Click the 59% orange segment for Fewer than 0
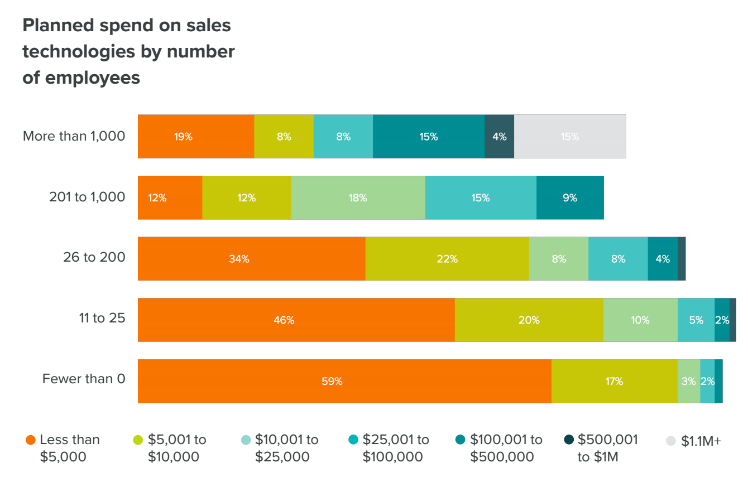pos(344,381)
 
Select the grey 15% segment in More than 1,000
pos(570,137)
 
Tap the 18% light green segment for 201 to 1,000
pos(358,197)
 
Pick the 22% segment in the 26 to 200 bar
pos(448,259)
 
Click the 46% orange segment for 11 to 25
pos(296,320)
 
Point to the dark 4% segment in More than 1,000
pos(500,137)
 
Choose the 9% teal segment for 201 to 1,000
pos(570,197)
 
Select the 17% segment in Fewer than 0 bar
pos(615,381)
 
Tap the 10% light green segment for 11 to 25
pos(640,320)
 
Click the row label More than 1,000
pos(74,136)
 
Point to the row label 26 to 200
pos(94,257)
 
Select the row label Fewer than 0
pos(84,379)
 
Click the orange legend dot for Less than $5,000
pos(31,440)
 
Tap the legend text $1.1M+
pos(701,441)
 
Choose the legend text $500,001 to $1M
pos(608,448)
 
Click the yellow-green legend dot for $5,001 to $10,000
pos(138,440)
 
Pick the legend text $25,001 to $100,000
pos(396,448)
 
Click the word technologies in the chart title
pos(79,52)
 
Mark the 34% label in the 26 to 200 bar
pos(239,259)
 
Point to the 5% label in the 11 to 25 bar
pos(696,320)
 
